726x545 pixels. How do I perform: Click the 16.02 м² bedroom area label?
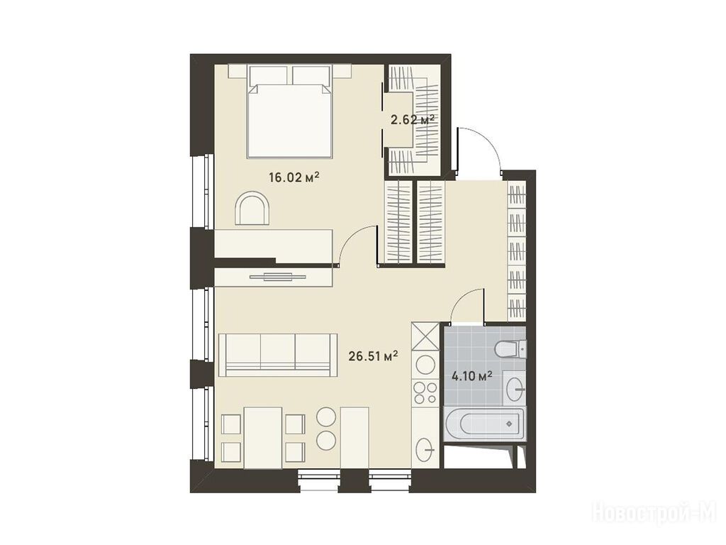294,177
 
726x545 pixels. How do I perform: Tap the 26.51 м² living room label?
373,356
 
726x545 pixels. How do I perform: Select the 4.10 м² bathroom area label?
471,375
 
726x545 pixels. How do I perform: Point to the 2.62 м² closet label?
413,120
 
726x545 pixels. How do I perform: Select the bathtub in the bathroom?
484,424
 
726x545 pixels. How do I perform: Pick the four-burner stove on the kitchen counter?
425,392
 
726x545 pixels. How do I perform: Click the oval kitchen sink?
425,448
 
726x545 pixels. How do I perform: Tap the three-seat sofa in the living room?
278,355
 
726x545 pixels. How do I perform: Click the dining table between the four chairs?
263,438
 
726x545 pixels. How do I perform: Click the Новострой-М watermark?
657,513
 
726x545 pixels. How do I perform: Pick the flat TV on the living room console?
278,277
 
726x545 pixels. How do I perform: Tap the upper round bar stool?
326,416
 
